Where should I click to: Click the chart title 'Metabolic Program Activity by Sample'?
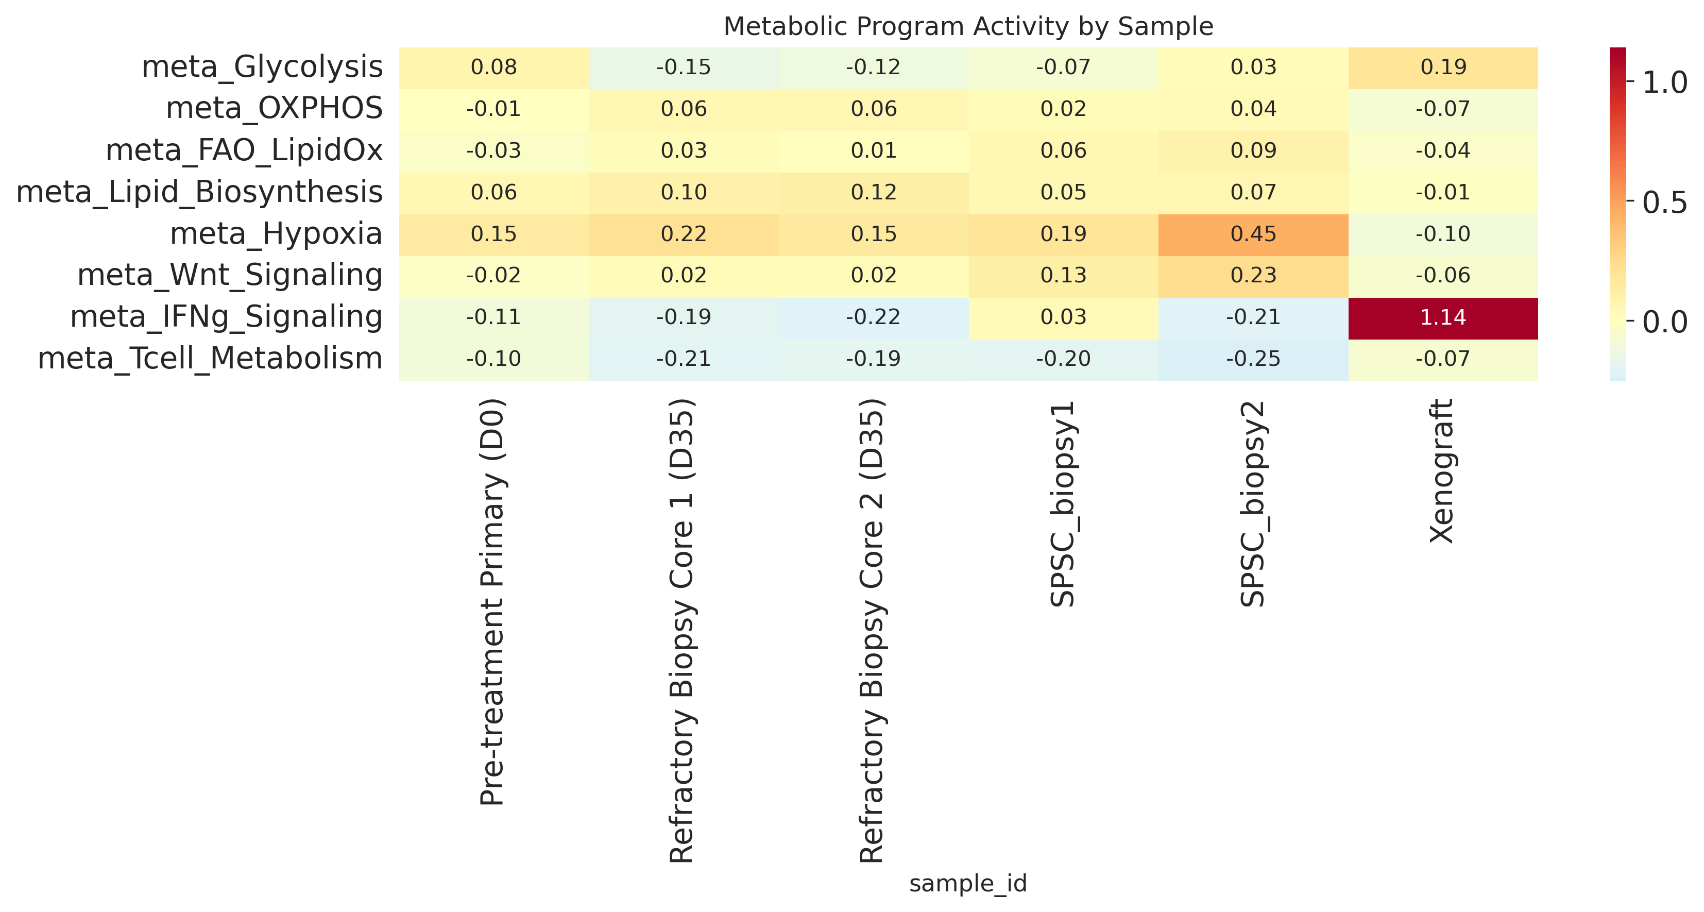coord(968,26)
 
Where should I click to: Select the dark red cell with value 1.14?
coord(1443,318)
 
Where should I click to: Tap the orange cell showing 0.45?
coord(1253,235)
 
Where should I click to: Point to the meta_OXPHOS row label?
coord(275,109)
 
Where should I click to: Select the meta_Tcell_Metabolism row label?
coord(210,359)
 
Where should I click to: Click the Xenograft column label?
coord(1442,471)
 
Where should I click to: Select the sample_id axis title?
coord(968,884)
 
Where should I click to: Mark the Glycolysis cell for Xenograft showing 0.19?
coord(1443,68)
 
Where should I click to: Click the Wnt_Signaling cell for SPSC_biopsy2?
coord(1253,277)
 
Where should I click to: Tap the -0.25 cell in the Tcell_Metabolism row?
coord(1253,360)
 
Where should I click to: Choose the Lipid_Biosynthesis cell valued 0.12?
coord(874,193)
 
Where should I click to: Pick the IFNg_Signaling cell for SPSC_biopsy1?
coord(1064,318)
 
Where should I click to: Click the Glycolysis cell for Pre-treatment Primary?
coord(494,68)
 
